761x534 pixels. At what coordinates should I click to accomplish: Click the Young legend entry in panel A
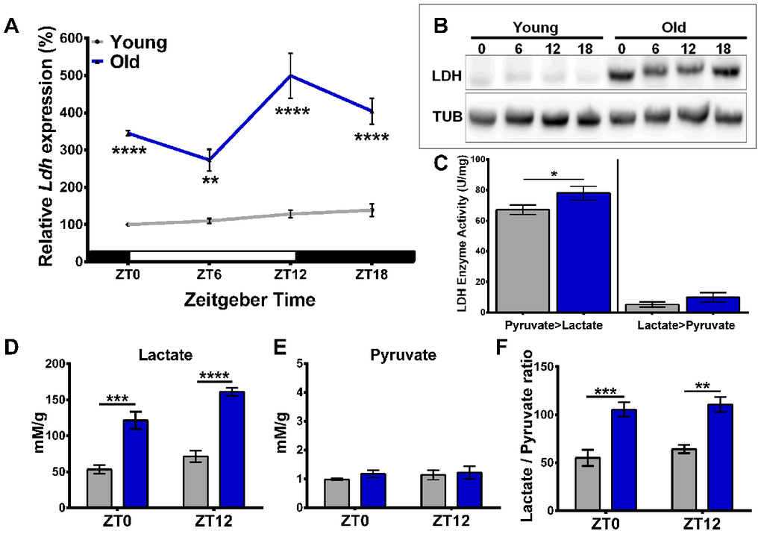click(137, 42)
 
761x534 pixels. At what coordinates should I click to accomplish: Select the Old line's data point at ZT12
click(290, 75)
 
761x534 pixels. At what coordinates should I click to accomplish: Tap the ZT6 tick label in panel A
click(209, 274)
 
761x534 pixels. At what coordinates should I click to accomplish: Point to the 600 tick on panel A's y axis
click(75, 38)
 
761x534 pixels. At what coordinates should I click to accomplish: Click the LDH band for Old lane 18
click(727, 72)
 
